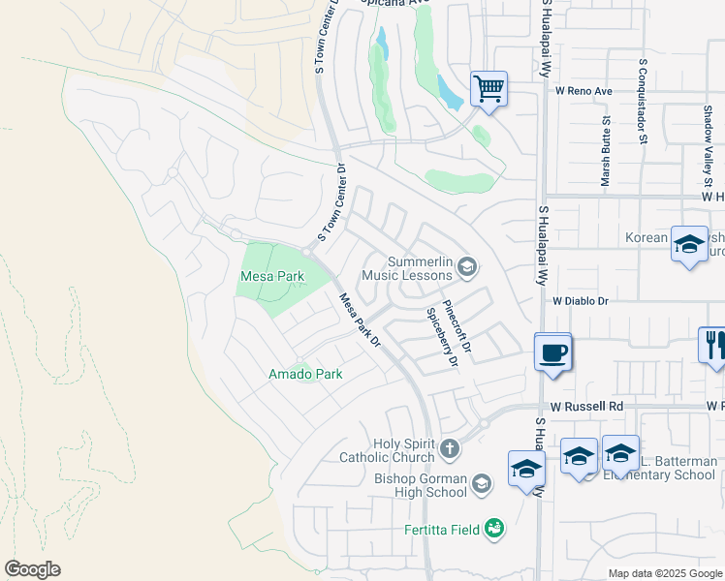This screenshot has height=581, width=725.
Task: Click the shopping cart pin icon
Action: point(489,89)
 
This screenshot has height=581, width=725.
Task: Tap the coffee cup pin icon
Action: point(552,352)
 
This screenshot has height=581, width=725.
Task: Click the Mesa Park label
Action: point(271,277)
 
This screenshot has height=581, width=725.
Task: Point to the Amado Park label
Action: point(305,374)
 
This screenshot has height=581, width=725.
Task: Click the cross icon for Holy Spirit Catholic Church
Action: point(448,448)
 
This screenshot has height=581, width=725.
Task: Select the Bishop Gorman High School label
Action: point(421,485)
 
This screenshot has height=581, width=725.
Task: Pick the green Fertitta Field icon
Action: point(493,528)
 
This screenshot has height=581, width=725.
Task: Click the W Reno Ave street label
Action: point(584,91)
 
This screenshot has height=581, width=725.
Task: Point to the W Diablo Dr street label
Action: point(581,301)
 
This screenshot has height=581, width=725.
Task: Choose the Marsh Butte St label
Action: point(605,151)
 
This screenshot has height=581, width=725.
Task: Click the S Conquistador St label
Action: point(642,101)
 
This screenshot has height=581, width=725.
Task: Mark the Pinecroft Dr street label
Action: point(456,324)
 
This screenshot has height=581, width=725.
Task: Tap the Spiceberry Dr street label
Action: point(442,338)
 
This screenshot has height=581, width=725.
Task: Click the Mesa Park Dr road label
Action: point(360,321)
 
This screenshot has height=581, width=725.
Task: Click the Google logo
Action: point(32,569)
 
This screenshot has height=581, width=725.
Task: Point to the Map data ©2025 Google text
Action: point(664,573)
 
